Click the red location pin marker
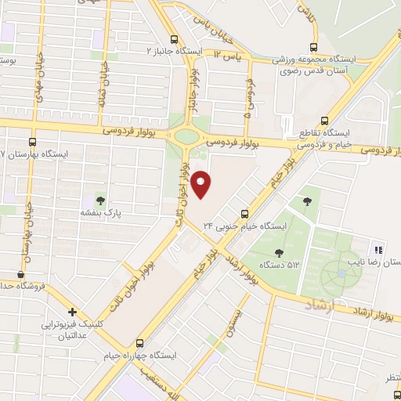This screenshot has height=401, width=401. [201, 183]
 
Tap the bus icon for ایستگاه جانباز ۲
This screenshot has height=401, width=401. [175, 38]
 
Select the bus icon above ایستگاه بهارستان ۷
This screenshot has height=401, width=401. [32, 143]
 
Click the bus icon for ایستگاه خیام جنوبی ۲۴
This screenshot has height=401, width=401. [245, 213]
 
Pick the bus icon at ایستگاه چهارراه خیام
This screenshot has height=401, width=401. [140, 343]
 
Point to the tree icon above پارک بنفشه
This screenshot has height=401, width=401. [99, 199]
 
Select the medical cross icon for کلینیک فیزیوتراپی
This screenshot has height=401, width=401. [71, 312]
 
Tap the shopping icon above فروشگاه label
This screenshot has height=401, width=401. [20, 274]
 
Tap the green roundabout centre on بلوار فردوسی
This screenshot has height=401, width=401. [187, 135]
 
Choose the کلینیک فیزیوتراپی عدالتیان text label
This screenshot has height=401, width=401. [71, 330]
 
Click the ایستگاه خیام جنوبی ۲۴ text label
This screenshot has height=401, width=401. [245, 226]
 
